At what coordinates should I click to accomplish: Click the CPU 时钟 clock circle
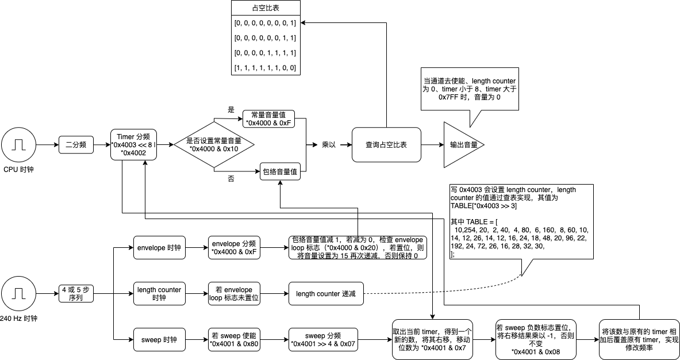18,145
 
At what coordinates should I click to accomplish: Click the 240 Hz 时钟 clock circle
18,294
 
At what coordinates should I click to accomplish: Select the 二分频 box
76,145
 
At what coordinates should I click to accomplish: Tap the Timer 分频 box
133,145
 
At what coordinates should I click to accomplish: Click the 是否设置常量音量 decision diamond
214,145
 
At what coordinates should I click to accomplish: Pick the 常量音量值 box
268,119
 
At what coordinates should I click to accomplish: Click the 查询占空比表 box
386,145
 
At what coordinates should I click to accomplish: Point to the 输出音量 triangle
460,145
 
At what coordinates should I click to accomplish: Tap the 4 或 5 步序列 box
76,294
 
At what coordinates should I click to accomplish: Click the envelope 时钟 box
159,248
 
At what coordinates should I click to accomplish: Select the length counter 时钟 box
159,294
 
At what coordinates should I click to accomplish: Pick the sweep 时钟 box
159,340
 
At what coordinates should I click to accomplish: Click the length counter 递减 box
325,294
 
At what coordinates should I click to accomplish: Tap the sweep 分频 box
323,340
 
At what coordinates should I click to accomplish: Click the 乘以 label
328,145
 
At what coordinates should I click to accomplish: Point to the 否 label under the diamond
231,179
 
